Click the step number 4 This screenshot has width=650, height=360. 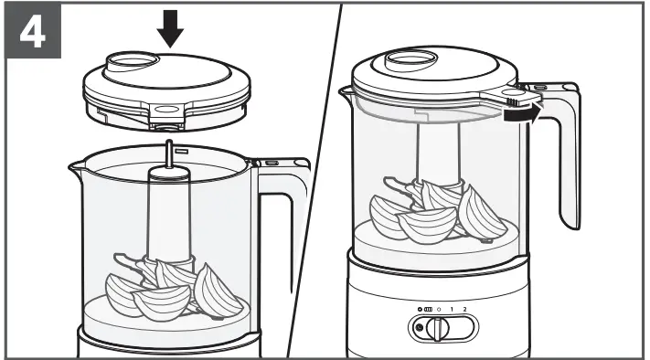(x=32, y=33)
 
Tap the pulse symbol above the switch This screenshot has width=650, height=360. (x=427, y=310)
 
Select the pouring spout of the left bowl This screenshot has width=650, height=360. (x=77, y=167)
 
